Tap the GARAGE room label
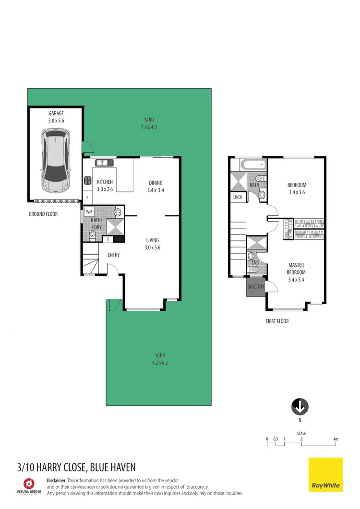click(x=56, y=114)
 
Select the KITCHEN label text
click(x=105, y=182)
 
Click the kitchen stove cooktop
click(x=88, y=181)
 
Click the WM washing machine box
click(x=89, y=212)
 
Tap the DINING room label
click(x=156, y=183)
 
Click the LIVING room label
click(x=152, y=240)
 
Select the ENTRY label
click(x=114, y=255)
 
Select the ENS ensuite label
click(x=255, y=263)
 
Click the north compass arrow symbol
click(x=300, y=407)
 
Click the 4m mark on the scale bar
click(x=336, y=439)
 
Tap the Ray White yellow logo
click(x=325, y=474)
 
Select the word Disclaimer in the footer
click(x=56, y=480)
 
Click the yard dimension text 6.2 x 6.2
click(x=160, y=363)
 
